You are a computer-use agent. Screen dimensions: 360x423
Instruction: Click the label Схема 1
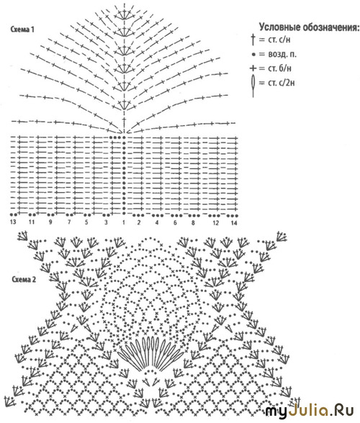22,29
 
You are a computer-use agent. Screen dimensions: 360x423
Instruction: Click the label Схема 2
24,279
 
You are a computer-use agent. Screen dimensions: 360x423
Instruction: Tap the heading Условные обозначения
309,27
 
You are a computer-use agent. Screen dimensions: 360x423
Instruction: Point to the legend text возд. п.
282,54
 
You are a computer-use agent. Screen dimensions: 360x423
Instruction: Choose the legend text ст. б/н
279,68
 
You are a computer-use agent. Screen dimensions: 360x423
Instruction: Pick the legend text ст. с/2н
281,83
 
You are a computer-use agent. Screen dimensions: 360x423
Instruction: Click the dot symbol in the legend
253,55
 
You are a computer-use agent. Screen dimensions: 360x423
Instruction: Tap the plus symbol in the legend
253,68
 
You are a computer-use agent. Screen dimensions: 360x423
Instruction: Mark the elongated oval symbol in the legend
253,85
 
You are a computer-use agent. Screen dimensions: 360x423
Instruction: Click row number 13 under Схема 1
13,222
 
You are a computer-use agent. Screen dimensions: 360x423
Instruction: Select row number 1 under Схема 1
124,222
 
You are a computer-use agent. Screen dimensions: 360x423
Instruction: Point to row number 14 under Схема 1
234,223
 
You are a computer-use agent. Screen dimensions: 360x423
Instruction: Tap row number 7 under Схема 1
69,222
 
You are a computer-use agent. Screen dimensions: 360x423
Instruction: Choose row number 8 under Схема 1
193,223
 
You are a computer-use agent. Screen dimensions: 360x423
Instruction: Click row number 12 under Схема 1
215,223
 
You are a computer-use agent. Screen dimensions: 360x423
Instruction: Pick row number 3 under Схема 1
106,222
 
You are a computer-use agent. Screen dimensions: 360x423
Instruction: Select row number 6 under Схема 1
175,223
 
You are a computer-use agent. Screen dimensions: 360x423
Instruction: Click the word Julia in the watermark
309,411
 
